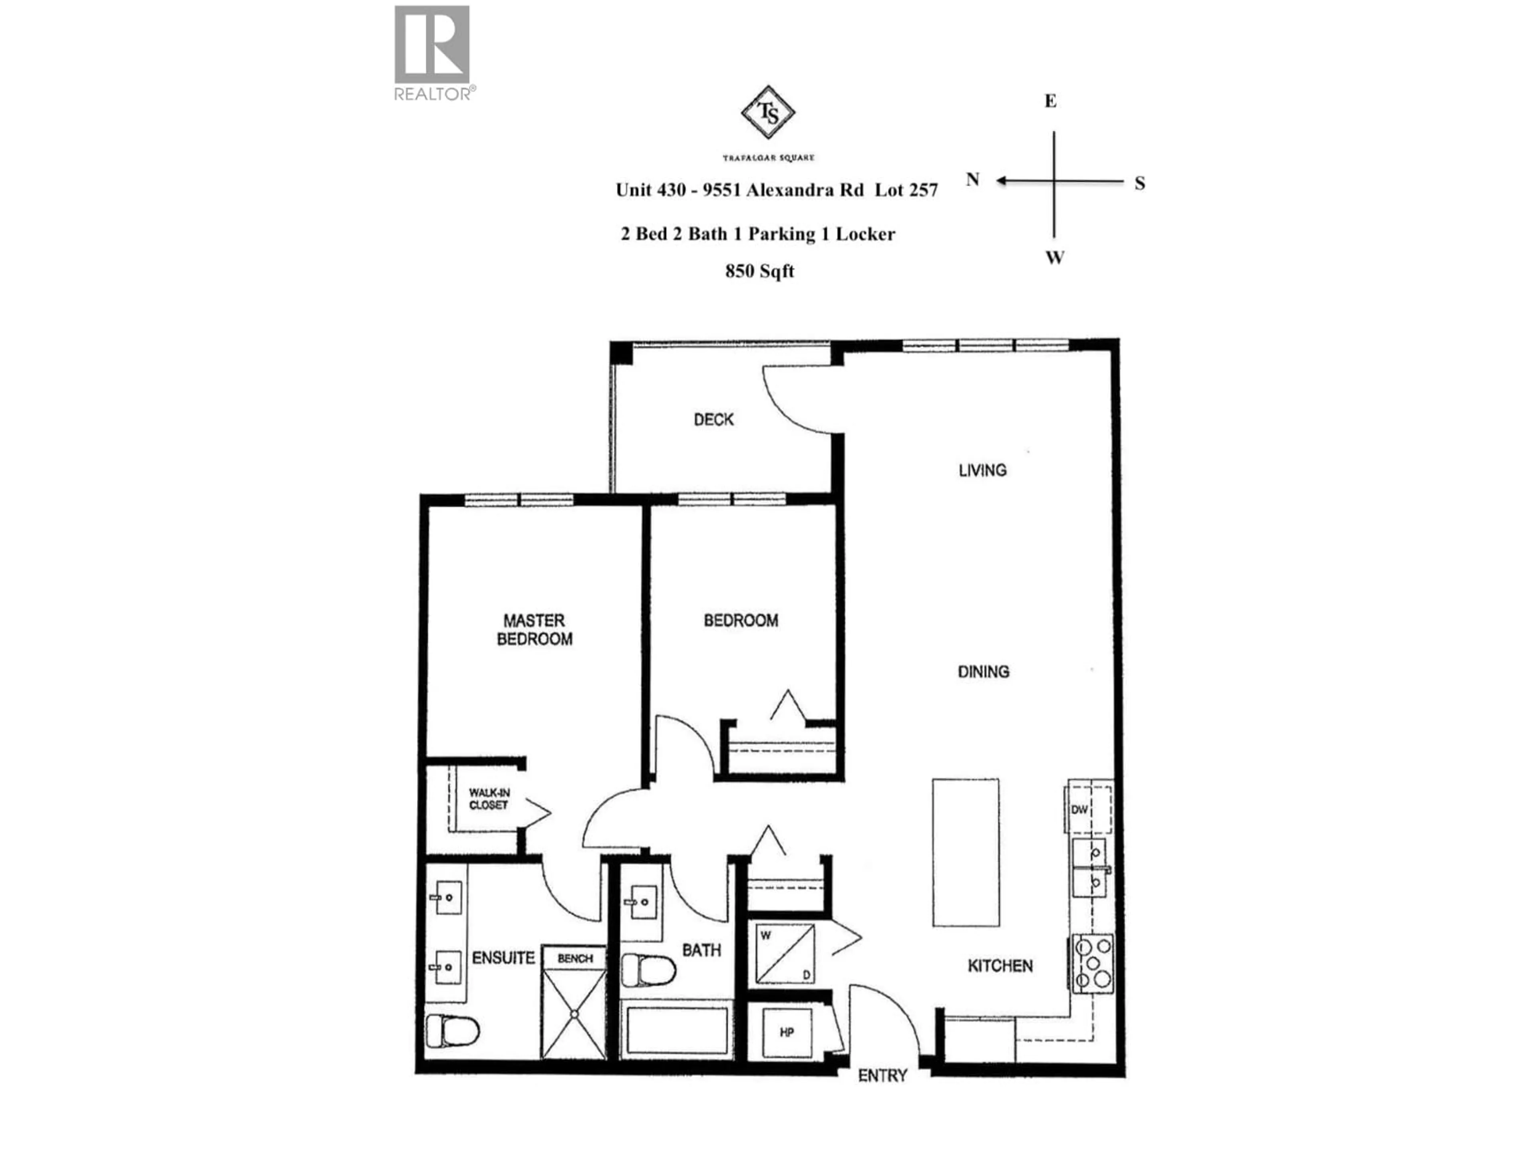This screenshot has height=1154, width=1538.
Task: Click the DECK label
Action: click(713, 420)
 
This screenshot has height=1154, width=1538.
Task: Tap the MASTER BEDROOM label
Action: click(534, 629)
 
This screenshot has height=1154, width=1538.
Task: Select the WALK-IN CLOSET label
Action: click(489, 799)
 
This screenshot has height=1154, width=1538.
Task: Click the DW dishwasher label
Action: click(1079, 810)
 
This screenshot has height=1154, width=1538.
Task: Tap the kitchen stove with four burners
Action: click(1093, 963)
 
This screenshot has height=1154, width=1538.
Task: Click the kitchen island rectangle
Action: click(966, 853)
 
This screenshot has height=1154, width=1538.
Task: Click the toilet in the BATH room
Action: click(648, 970)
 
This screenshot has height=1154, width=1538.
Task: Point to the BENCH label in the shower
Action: click(575, 958)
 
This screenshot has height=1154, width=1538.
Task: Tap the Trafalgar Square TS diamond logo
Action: click(768, 112)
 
